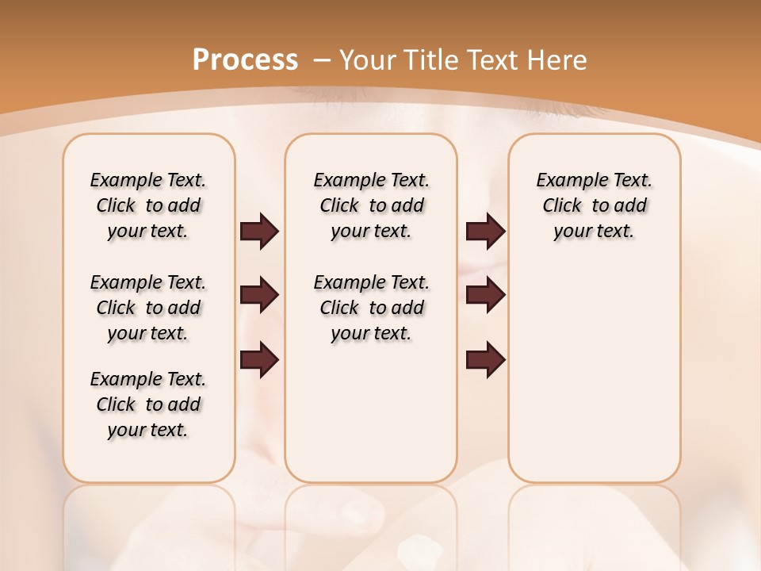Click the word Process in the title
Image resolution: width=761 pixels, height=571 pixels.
(x=245, y=60)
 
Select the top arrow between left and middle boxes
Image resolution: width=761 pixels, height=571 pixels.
(x=259, y=232)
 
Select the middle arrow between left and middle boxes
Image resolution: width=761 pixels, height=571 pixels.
(x=259, y=296)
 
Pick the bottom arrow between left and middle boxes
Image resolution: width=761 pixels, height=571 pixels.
(x=259, y=361)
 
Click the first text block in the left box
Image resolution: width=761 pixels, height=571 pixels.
(x=148, y=205)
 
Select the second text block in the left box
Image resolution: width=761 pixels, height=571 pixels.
(x=148, y=308)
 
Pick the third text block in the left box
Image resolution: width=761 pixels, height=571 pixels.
(x=148, y=404)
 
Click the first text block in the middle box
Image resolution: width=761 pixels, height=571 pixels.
(x=372, y=205)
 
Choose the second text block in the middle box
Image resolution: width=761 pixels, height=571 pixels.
(x=372, y=308)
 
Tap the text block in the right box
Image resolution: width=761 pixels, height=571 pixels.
(x=595, y=205)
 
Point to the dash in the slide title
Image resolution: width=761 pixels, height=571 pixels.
(x=322, y=60)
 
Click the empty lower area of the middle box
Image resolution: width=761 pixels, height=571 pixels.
(x=372, y=412)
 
